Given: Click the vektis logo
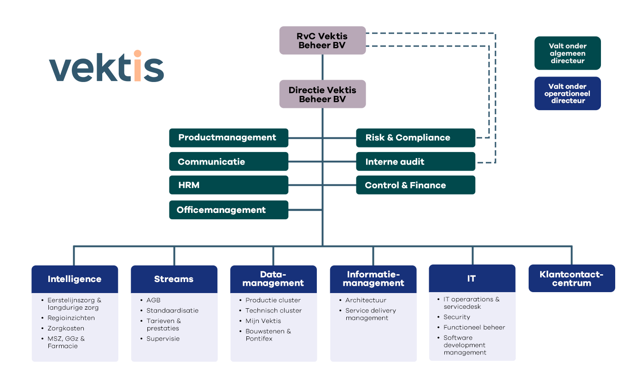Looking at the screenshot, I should [106, 67].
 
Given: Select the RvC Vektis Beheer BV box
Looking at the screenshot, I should [322, 41].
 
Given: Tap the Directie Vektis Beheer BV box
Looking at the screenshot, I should [322, 94].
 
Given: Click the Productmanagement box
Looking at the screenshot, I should [228, 137].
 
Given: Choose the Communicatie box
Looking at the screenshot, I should [228, 162].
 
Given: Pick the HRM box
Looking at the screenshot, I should [228, 185].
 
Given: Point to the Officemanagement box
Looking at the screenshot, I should [228, 210].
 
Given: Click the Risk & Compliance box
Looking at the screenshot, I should [415, 137].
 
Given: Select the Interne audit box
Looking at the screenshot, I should [415, 162].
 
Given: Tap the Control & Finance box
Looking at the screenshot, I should [415, 185].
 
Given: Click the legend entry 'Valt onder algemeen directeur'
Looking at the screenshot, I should [567, 53].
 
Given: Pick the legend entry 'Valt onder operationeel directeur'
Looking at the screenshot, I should [567, 94].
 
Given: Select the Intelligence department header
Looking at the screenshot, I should [75, 279].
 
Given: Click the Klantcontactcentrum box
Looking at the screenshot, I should [571, 278].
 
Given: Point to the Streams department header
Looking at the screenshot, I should [174, 279].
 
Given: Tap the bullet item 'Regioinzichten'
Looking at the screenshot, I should [71, 318].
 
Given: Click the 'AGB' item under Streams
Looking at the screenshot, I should [153, 300].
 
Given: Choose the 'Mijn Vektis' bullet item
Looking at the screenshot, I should [263, 321].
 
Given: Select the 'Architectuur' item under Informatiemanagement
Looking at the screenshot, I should [366, 300].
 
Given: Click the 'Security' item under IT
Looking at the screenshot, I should [457, 317].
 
